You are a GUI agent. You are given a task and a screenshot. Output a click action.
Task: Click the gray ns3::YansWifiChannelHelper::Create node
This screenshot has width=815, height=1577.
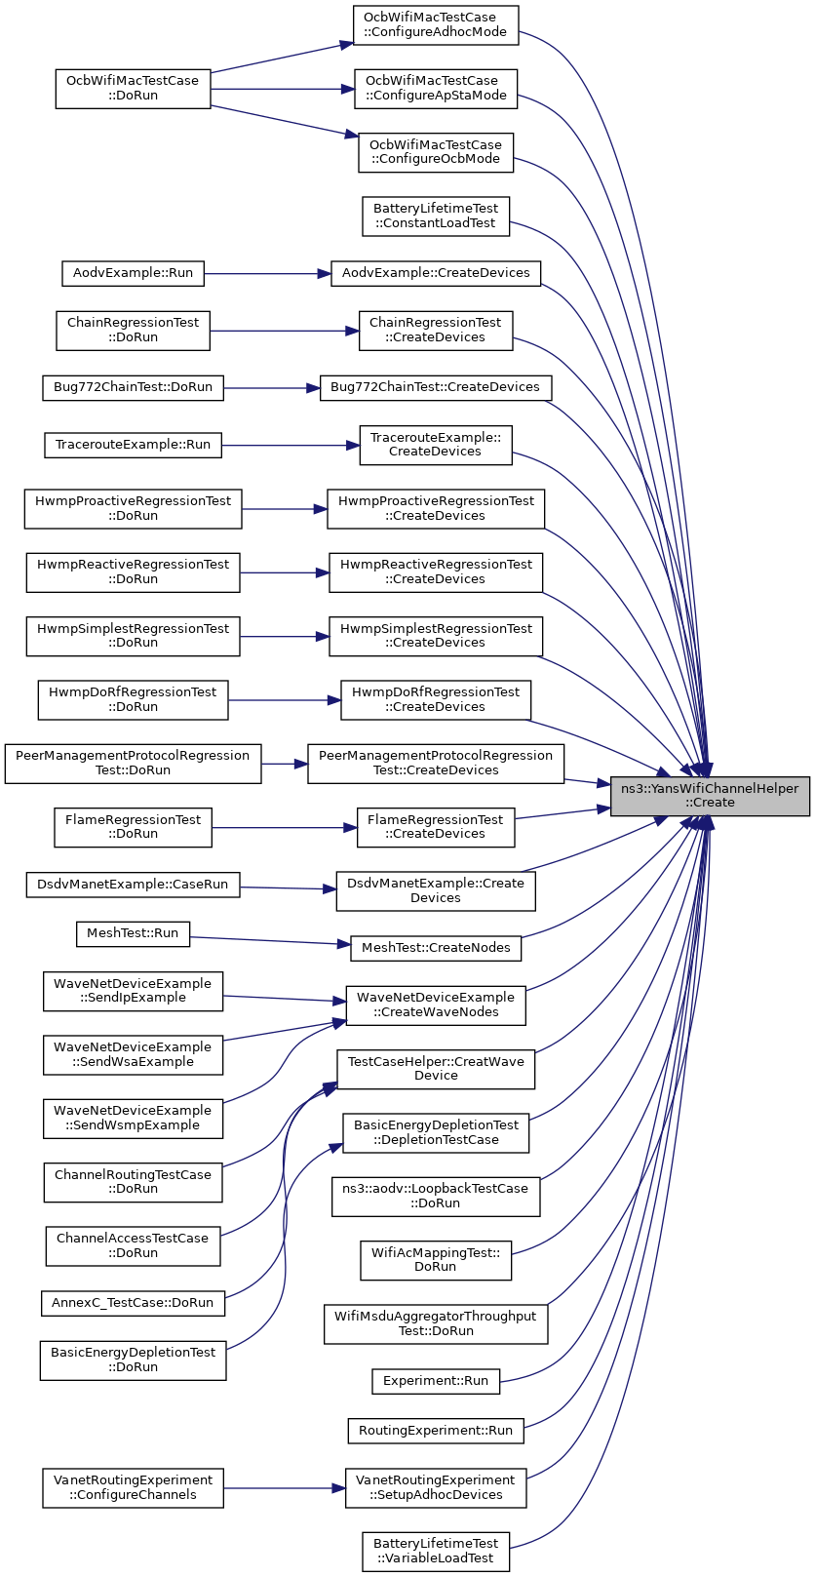coord(710,796)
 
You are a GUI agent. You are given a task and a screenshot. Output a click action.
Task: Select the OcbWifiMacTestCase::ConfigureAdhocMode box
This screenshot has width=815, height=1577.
coord(436,25)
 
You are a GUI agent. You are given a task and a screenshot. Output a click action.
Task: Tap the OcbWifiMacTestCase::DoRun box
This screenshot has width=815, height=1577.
coord(133,89)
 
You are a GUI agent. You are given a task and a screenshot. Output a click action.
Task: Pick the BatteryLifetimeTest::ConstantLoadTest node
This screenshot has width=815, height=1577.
coord(436,217)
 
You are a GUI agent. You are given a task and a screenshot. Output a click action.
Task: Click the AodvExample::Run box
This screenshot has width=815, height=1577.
coord(133,273)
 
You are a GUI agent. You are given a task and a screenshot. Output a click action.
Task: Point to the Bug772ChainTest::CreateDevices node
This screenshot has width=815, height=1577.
coord(436,388)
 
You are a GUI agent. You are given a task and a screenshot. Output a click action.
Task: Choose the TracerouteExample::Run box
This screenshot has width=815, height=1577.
coord(133,445)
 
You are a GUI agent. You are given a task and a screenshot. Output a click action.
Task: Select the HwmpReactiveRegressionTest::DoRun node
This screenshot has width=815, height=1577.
coord(133,572)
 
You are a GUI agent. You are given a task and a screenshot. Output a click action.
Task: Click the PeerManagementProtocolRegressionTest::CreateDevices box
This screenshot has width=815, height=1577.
coord(436,764)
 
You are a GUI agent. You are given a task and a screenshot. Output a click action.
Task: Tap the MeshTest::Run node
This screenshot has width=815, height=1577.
coord(133,934)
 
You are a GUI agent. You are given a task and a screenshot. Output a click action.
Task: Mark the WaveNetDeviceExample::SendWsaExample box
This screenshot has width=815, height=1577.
coord(133,1055)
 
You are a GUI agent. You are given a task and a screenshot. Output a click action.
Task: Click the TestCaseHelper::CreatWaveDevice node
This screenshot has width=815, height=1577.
coord(436,1070)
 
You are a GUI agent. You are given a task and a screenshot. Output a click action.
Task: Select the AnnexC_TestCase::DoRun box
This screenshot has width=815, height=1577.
coord(133,1303)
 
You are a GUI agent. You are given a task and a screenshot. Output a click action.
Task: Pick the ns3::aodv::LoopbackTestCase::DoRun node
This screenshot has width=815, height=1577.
coord(436,1197)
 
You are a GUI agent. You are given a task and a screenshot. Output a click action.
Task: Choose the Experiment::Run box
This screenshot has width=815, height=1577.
coord(436,1381)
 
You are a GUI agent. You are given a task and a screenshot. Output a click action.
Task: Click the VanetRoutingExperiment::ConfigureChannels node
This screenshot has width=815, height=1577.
coord(133,1488)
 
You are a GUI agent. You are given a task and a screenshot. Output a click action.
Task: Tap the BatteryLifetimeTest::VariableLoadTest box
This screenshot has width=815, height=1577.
coord(436,1552)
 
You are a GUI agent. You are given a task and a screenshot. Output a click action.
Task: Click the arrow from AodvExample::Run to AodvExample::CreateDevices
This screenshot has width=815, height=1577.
coord(267,273)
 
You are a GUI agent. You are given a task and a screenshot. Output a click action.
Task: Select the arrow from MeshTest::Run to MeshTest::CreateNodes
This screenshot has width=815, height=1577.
coord(270,941)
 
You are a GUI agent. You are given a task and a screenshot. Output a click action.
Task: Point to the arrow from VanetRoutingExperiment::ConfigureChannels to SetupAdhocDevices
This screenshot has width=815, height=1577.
coord(285,1488)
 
